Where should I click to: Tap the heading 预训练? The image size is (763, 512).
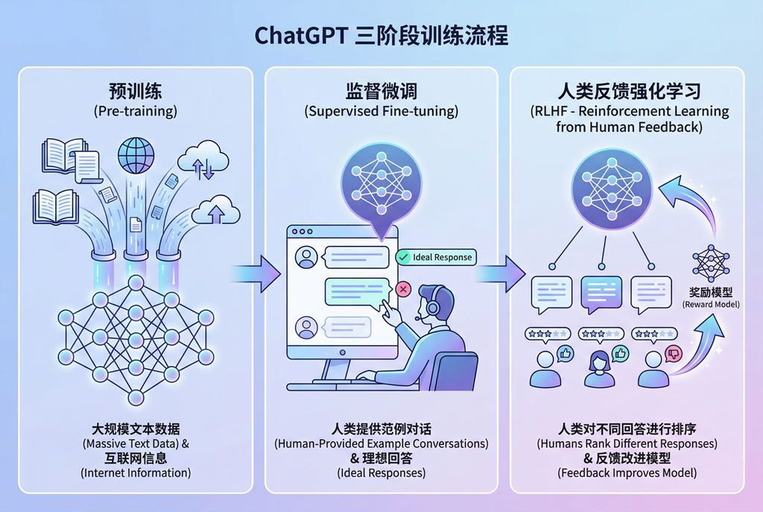click(135, 92)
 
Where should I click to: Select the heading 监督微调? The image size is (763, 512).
click(381, 92)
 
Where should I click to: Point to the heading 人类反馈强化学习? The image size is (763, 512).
click(629, 92)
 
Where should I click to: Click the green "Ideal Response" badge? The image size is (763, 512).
click(435, 257)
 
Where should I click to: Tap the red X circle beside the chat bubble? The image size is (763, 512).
click(403, 288)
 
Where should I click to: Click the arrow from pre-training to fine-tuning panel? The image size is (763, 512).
click(256, 268)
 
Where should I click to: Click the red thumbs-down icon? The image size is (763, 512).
click(673, 353)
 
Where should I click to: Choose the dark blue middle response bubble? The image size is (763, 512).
click(601, 293)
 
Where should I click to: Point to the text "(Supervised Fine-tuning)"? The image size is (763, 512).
click(381, 112)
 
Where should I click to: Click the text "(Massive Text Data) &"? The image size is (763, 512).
click(136, 444)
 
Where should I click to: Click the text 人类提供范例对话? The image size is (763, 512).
click(381, 429)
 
